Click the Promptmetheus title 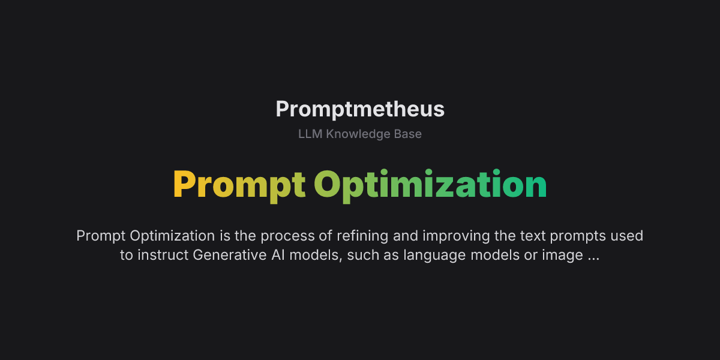[x=360, y=109]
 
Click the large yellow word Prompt [x=239, y=185]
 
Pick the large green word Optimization [x=430, y=185]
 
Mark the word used [x=626, y=236]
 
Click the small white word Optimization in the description [x=172, y=236]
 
